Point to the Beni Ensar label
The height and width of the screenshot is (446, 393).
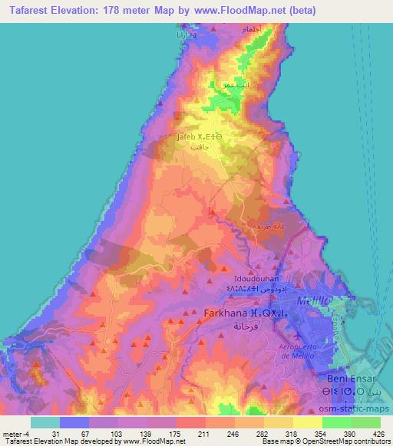click(x=355, y=381)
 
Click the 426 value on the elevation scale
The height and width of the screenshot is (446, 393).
click(x=379, y=433)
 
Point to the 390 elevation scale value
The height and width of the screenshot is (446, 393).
click(x=351, y=433)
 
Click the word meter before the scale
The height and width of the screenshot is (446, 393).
click(x=14, y=433)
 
